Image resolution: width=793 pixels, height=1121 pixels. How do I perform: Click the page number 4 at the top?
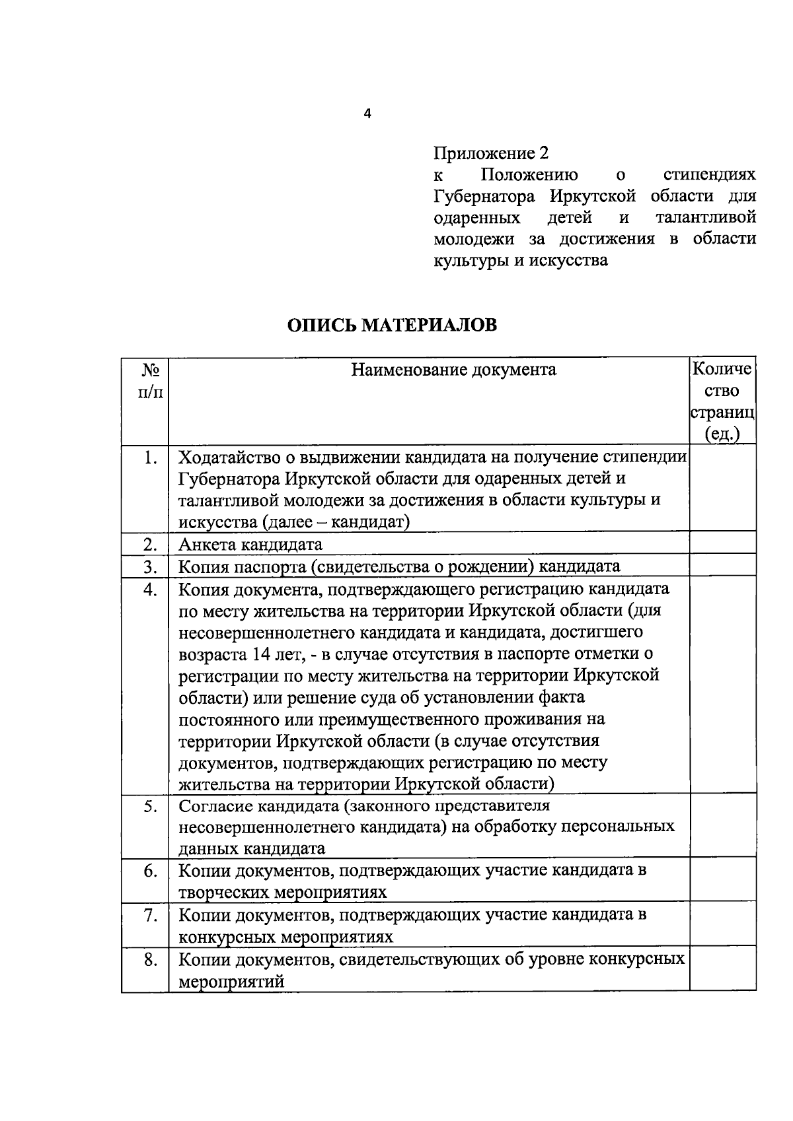tap(368, 114)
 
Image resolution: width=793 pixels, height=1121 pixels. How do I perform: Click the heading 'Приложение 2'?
tap(490, 153)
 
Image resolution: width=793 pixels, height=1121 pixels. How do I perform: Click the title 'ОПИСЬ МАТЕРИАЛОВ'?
tap(391, 325)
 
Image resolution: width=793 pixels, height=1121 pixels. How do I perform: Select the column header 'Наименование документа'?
tap(453, 370)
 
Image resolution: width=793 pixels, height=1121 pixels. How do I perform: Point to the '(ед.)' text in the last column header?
tap(722, 434)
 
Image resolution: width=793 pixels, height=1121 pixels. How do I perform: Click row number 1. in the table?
tap(150, 457)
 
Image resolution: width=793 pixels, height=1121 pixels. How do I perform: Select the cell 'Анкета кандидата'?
tap(250, 545)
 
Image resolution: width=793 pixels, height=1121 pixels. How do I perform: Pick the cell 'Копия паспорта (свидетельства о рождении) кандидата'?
tap(399, 566)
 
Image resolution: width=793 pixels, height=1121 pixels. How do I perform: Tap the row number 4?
tap(150, 589)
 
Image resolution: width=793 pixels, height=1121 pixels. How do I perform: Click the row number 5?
tap(150, 807)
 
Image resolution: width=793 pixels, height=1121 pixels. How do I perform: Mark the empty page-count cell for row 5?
tap(722, 825)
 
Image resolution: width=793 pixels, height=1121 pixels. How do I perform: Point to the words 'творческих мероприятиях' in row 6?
tap(283, 893)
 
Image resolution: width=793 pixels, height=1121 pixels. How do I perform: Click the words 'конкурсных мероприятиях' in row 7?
tap(285, 937)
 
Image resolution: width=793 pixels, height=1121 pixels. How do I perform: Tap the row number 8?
tap(150, 959)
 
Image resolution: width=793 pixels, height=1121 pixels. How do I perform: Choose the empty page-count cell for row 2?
tap(722, 543)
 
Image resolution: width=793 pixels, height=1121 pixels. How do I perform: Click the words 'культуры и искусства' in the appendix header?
tap(520, 260)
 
